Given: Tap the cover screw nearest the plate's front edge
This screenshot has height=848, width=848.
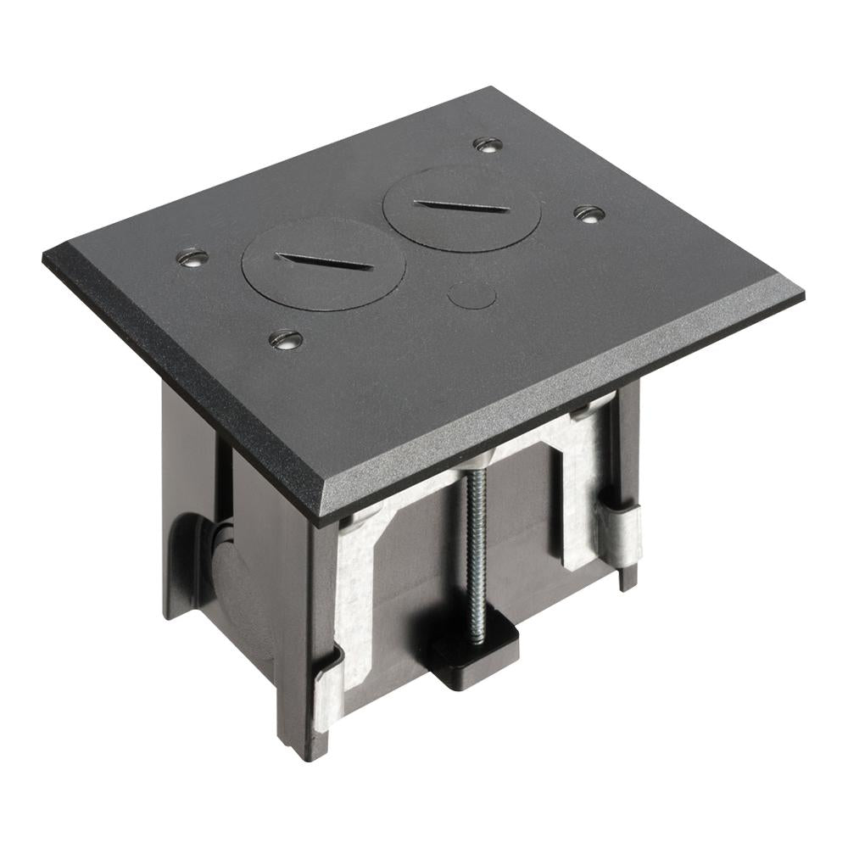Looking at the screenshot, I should pos(286,339).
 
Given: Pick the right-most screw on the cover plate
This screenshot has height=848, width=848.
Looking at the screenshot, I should pos(588,214).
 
